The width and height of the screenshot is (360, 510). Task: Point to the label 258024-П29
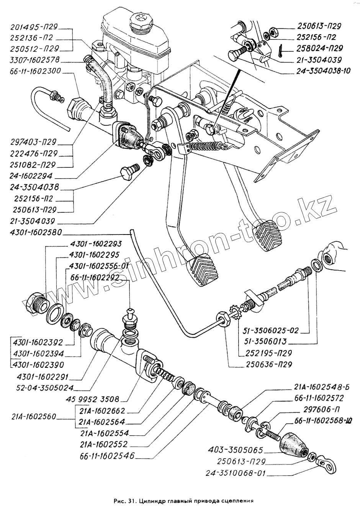(320, 48)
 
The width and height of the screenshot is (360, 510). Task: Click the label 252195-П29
(270, 353)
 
